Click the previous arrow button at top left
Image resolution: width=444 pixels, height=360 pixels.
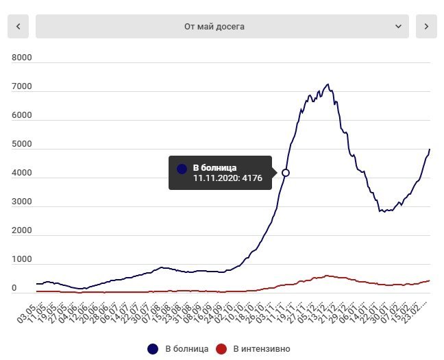click(x=18, y=26)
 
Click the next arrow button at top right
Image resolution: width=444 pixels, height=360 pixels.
click(x=426, y=26)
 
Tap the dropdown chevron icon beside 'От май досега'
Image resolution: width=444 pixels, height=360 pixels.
click(x=398, y=26)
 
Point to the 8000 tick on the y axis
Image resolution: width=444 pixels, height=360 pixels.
click(x=22, y=58)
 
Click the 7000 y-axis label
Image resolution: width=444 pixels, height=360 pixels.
click(x=22, y=87)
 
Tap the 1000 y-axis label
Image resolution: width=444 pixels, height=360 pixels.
click(x=22, y=260)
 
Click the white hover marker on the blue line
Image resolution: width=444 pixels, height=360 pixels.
click(x=286, y=173)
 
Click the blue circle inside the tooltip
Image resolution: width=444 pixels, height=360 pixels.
click(x=182, y=168)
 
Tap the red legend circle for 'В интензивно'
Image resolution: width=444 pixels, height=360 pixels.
click(x=221, y=349)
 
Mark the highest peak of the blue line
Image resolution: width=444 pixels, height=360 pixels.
click(x=328, y=84)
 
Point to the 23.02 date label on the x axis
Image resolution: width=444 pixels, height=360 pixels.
click(x=417, y=306)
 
